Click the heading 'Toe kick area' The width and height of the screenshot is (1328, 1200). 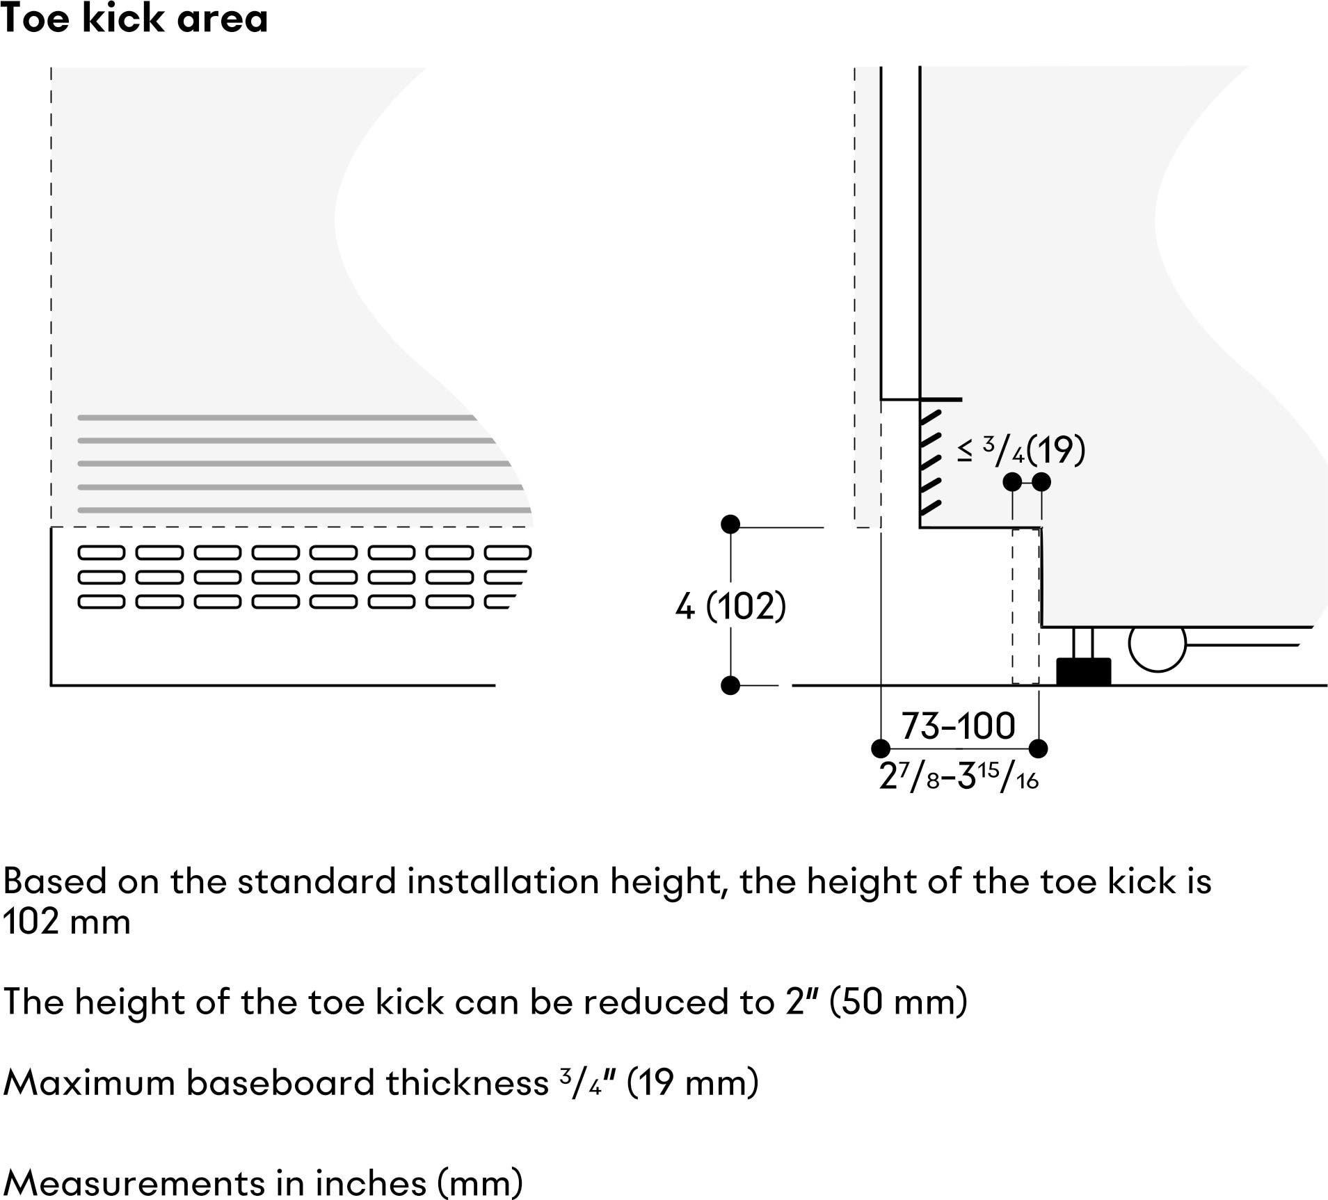[134, 18]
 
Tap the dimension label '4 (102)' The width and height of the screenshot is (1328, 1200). [730, 606]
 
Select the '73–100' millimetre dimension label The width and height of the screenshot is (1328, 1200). [959, 726]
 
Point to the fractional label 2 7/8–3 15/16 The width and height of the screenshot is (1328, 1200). [959, 776]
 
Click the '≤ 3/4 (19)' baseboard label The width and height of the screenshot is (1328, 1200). [1021, 450]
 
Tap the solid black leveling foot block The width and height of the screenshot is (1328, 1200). [1083, 672]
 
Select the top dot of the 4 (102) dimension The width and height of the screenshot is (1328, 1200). [730, 525]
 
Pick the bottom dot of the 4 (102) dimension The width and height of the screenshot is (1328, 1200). [730, 686]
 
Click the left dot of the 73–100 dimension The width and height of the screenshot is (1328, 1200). [881, 749]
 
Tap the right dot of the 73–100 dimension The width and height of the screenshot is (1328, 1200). [1038, 749]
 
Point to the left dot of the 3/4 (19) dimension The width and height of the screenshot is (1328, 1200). [1013, 481]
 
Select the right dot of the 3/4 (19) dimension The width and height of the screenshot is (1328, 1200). [1041, 481]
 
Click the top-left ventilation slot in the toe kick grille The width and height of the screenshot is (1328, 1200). [102, 553]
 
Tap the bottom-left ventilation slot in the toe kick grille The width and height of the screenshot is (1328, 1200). [102, 602]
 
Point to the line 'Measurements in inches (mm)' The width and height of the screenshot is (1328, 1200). [263, 1183]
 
